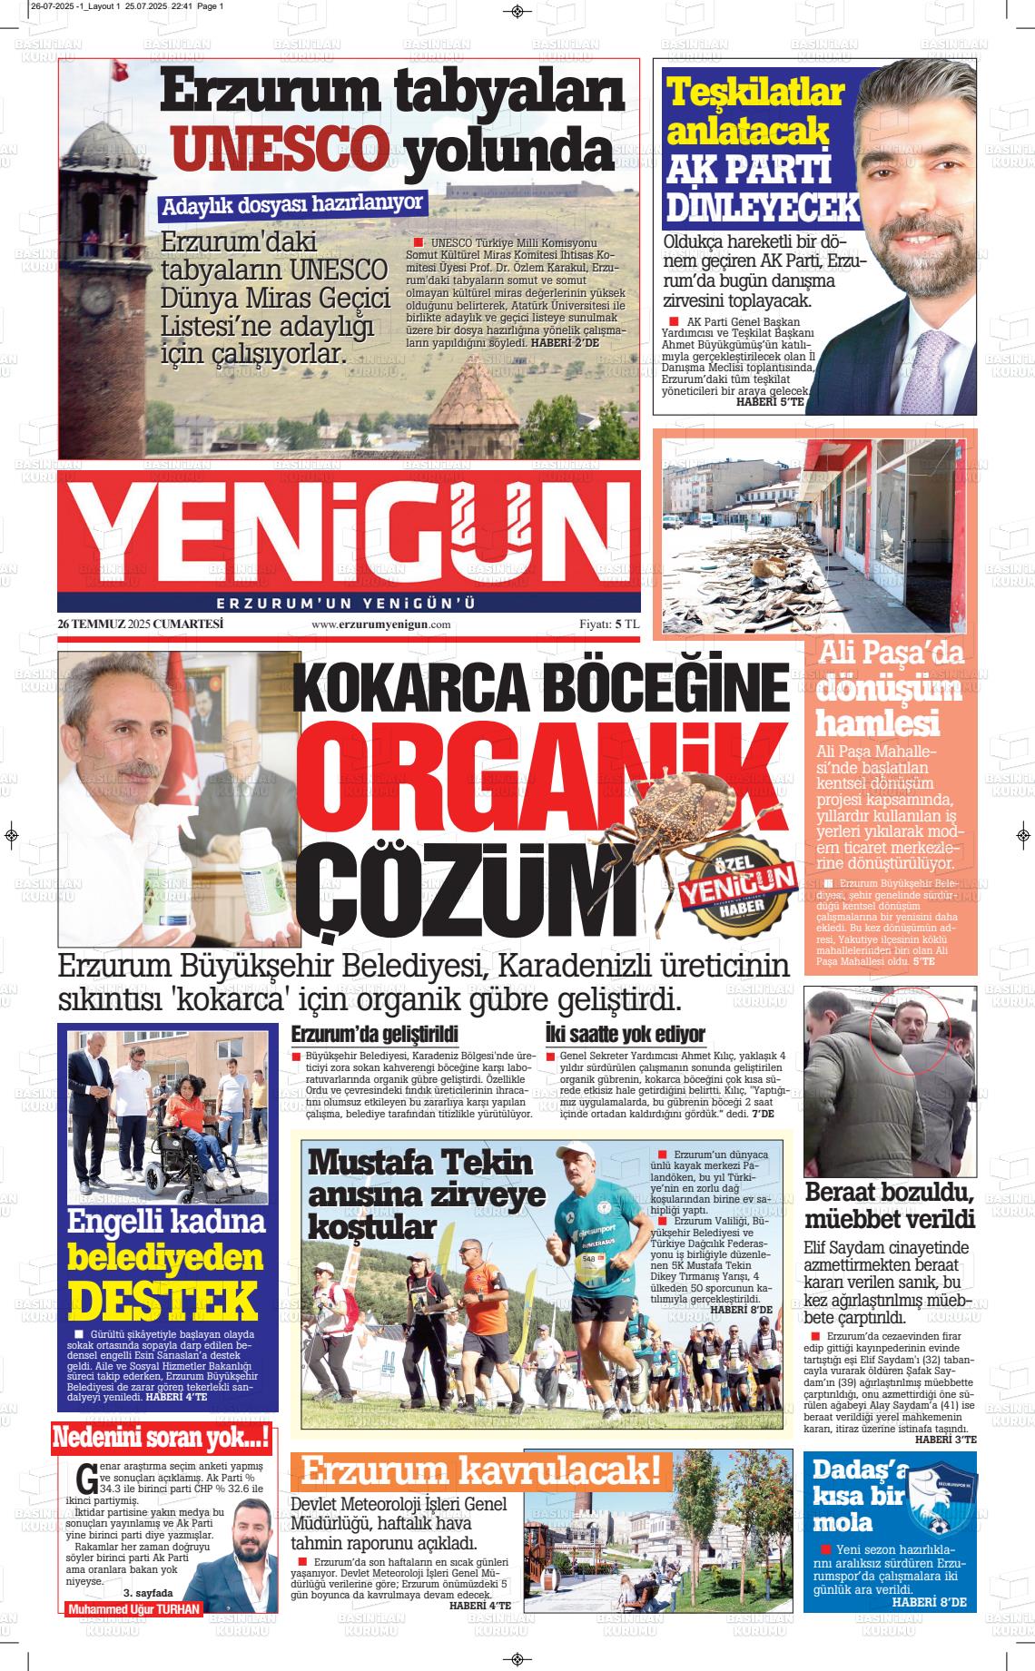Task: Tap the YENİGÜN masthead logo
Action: click(349, 532)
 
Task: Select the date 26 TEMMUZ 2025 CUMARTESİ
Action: click(140, 624)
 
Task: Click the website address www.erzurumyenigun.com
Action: click(381, 625)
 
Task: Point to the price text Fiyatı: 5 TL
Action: click(609, 625)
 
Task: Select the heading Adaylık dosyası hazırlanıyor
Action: click(293, 205)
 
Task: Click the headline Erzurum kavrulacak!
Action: click(481, 1471)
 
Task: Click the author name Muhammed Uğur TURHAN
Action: click(133, 1609)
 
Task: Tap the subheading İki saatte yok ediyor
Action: click(625, 1034)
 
